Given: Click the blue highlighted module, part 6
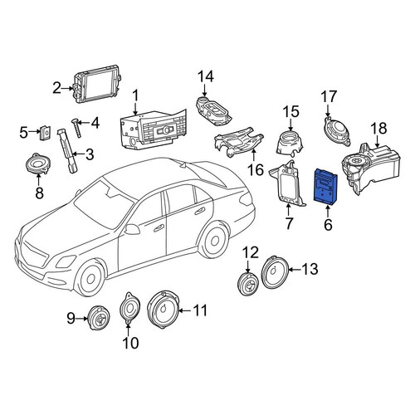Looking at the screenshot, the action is pos(325,186).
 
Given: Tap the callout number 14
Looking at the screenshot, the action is pos(206,76).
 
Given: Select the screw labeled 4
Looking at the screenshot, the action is pos(76,127).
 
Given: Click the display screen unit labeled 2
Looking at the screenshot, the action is pos(98,84).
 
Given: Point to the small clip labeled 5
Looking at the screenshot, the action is pos(46,133).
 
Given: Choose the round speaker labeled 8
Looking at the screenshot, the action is pos(38,164).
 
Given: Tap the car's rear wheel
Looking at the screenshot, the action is pos(214,239).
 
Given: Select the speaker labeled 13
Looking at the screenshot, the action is pos(276,272).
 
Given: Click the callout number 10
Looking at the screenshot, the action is pos(130,343).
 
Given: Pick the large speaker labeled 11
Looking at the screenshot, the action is pos(164,310).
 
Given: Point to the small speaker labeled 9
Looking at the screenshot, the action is pos(99,318).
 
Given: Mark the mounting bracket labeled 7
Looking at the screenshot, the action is pos(288,183).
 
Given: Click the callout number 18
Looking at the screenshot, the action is pos(378,129).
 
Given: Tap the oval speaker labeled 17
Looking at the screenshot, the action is pos(336,130).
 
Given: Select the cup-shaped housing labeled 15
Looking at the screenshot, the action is pos(290,142).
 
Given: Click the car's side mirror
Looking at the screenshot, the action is pos(131,229).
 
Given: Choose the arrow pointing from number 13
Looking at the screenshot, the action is pos(295,270).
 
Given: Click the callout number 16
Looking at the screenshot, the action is pos(256,169).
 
